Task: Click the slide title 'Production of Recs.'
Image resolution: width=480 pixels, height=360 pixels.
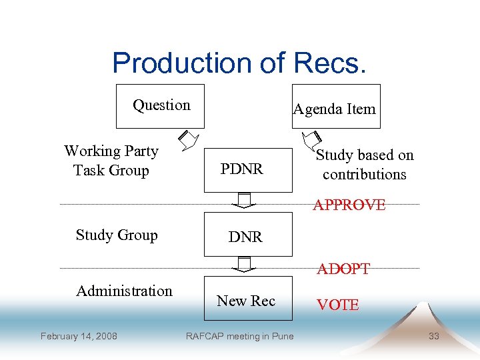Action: pyautogui.click(x=239, y=63)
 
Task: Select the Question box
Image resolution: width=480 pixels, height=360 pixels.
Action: pyautogui.click(x=161, y=105)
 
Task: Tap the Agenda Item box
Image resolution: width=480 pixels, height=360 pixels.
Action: pyautogui.click(x=335, y=107)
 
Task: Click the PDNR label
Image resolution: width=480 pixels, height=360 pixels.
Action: pyautogui.click(x=242, y=169)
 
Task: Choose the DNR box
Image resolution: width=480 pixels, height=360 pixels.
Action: pyautogui.click(x=246, y=235)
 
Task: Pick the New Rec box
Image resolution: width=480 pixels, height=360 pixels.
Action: pyautogui.click(x=246, y=301)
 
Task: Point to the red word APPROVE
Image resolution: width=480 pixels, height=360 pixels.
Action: pyautogui.click(x=349, y=205)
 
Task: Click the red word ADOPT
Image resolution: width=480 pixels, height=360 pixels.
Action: pyautogui.click(x=343, y=269)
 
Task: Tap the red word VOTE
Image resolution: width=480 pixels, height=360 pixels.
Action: pyautogui.click(x=337, y=305)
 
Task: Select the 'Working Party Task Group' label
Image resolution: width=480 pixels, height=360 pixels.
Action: pyautogui.click(x=111, y=161)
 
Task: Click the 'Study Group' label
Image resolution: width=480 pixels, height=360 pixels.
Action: pyautogui.click(x=117, y=235)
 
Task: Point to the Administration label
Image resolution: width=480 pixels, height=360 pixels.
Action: pyautogui.click(x=124, y=291)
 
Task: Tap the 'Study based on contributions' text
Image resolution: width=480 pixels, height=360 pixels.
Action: pyautogui.click(x=364, y=165)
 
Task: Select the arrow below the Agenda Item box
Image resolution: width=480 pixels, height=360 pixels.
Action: pyautogui.click(x=311, y=139)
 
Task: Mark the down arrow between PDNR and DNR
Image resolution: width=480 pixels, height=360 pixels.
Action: pyautogui.click(x=246, y=200)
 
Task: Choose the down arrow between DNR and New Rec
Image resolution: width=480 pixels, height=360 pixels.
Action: pyautogui.click(x=246, y=265)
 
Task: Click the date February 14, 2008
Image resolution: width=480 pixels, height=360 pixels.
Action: pyautogui.click(x=79, y=336)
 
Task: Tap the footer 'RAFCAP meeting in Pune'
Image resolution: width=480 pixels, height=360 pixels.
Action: pyautogui.click(x=239, y=336)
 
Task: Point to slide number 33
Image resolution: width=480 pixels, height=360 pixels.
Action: pyautogui.click(x=433, y=336)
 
